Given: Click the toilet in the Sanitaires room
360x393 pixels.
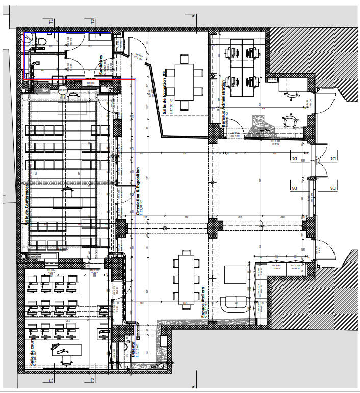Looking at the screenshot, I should [41, 40].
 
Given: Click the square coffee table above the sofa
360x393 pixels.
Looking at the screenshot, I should [236, 276].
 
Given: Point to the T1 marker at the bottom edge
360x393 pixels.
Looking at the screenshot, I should [52, 380].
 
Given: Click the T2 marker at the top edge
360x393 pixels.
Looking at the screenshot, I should [93, 22].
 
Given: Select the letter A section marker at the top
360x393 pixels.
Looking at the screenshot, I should [194, 15].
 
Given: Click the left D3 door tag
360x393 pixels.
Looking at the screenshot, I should [294, 189].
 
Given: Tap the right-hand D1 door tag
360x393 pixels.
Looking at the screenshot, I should [332, 159].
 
